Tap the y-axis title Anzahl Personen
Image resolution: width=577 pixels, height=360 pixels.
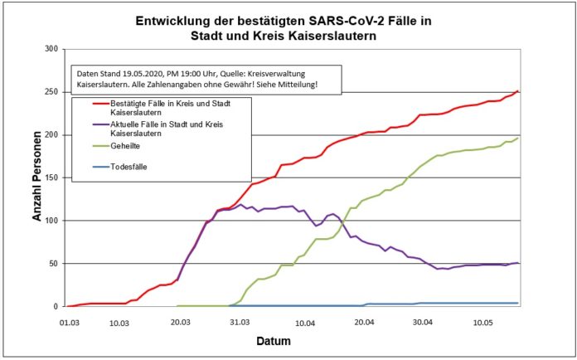click(x=36, y=178)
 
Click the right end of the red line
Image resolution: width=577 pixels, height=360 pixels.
click(x=518, y=91)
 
